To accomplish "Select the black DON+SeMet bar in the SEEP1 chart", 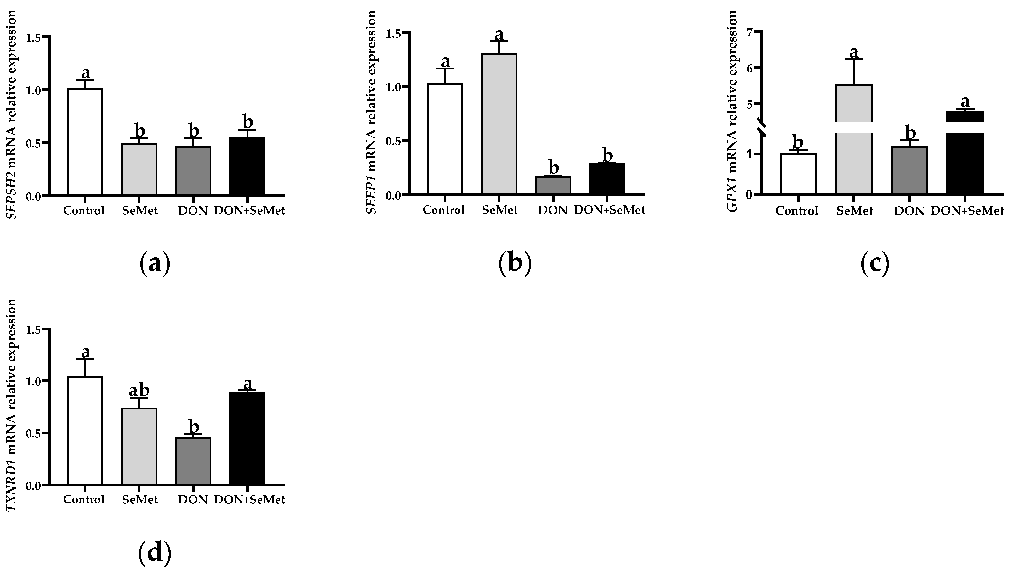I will [607, 179].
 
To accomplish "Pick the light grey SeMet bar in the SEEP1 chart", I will [499, 124].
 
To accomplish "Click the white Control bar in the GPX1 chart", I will [798, 174].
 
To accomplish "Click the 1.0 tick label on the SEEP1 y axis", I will [395, 87].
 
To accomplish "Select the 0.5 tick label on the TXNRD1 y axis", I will [34, 434].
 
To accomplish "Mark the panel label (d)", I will [155, 553].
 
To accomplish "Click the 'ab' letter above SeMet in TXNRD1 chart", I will [139, 391].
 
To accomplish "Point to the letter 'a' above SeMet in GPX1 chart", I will [854, 52].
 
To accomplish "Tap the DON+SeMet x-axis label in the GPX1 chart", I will [967, 211].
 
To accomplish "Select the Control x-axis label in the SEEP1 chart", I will [444, 210].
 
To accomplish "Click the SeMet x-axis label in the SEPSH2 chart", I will [139, 211].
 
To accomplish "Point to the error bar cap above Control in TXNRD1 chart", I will [85, 359].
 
